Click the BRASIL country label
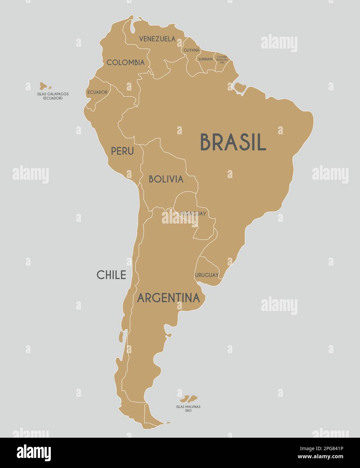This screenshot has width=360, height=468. click(233, 142)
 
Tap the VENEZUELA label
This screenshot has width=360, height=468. click(157, 39)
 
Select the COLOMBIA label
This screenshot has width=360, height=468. click(125, 62)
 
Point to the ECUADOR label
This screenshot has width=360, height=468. click(97, 92)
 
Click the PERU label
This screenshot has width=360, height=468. click(122, 151)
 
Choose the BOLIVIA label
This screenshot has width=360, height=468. click(166, 179)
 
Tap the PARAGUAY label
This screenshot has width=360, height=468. click(193, 213)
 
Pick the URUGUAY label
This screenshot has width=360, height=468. click(207, 275)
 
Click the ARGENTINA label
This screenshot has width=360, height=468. click(168, 298)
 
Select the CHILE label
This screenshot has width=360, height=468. click(111, 275)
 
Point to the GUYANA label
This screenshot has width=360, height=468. click(191, 50)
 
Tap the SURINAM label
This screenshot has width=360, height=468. click(205, 59)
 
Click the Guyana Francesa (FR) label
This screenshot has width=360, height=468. click(222, 60)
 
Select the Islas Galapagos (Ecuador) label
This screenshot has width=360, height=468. click(53, 96)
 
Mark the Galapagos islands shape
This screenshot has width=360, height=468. click(43, 86)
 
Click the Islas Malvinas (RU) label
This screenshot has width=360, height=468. click(188, 408)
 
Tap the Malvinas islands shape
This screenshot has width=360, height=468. click(189, 399)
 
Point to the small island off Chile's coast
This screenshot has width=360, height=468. click(121, 336)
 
